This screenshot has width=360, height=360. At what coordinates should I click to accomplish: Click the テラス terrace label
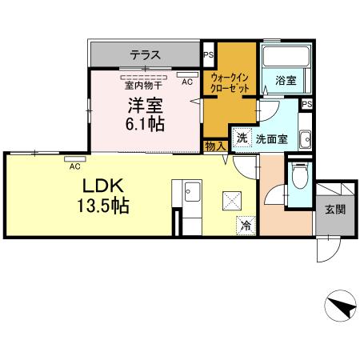point(146,55)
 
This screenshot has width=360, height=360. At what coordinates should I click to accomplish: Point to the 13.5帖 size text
point(103,206)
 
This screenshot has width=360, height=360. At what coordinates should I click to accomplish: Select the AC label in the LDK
point(74,166)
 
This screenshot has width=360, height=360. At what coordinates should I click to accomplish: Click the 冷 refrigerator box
point(246,226)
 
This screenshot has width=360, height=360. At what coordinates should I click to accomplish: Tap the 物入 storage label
point(214,146)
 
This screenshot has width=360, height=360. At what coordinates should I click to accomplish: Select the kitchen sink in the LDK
point(192,192)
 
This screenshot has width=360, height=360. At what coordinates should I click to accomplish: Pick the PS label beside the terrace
point(209,55)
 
